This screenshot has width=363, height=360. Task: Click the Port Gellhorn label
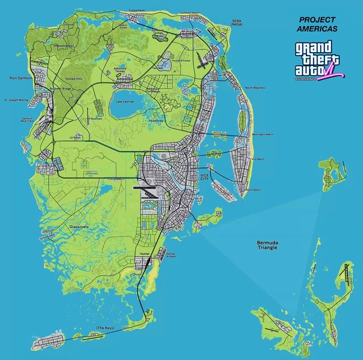20,78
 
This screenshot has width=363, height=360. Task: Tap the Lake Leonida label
125,101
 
